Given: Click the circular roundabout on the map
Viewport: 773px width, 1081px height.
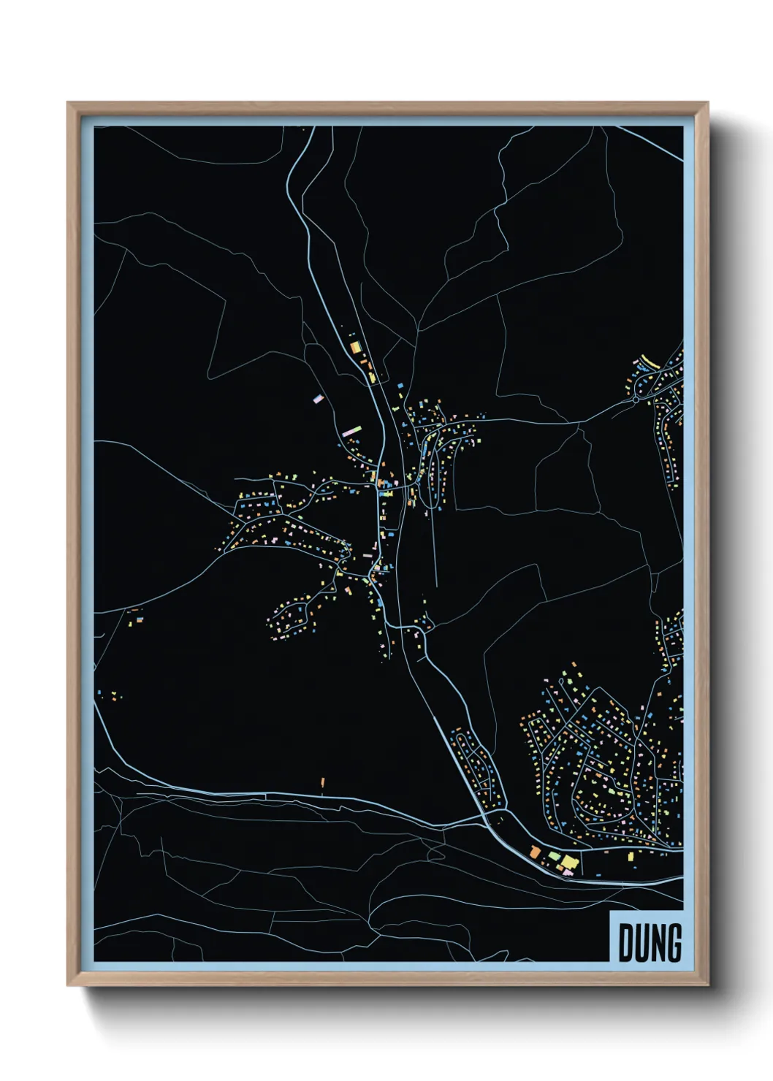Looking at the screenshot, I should (636, 399).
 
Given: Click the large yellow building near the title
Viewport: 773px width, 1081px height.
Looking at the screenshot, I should (568, 863).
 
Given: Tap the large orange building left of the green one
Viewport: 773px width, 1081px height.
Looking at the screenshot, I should (535, 852).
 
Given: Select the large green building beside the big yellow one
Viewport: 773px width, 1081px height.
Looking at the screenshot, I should (555, 856).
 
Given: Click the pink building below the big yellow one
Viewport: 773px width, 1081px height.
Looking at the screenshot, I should (568, 872).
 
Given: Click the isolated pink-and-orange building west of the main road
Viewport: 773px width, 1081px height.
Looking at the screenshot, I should (318, 399).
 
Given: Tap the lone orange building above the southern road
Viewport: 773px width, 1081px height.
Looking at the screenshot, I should (322, 782).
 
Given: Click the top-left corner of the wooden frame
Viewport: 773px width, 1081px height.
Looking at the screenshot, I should (69, 104).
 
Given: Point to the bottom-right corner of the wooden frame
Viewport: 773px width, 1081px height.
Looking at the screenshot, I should (707, 984).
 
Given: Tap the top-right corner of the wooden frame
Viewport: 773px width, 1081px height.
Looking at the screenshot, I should (707, 104).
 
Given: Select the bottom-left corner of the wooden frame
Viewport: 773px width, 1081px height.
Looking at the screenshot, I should (69, 984).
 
